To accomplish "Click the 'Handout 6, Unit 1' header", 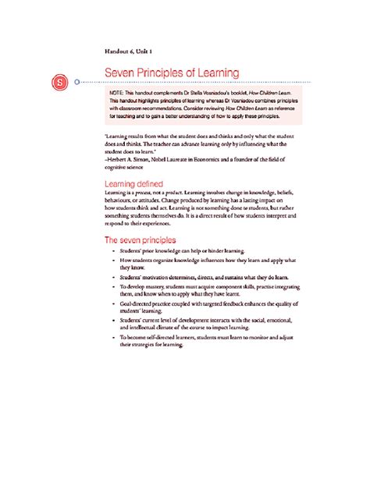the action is pos(129,51).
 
